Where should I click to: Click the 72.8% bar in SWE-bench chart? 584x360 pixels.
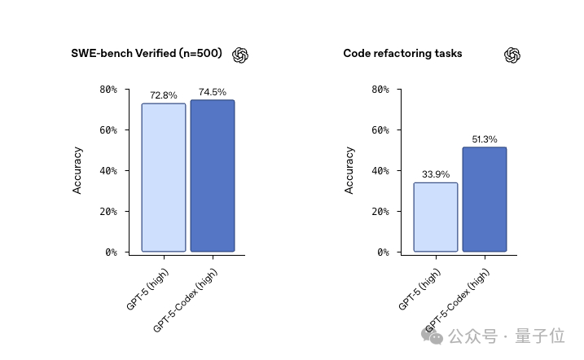[163, 178]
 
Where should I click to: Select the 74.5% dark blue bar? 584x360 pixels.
[212, 176]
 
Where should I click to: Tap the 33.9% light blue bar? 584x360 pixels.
[435, 217]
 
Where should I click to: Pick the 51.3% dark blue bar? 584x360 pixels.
[484, 200]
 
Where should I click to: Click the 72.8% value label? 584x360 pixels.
[163, 95]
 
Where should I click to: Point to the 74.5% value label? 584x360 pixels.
[212, 92]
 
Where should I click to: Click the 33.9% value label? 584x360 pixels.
[435, 174]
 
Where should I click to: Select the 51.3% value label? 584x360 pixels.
[484, 139]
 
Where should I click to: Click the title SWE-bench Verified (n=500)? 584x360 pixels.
[146, 54]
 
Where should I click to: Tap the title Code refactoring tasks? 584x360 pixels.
[402, 54]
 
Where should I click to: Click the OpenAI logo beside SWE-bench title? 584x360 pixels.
[240, 55]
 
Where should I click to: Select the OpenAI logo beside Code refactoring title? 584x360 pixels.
[512, 55]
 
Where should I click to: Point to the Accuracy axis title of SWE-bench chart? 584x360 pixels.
[78, 170]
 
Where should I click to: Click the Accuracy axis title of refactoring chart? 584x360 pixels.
[349, 170]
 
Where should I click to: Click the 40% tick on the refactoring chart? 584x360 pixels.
[381, 171]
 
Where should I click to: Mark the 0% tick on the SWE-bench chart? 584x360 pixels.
[112, 252]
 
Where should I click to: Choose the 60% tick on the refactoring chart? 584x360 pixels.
[381, 130]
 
